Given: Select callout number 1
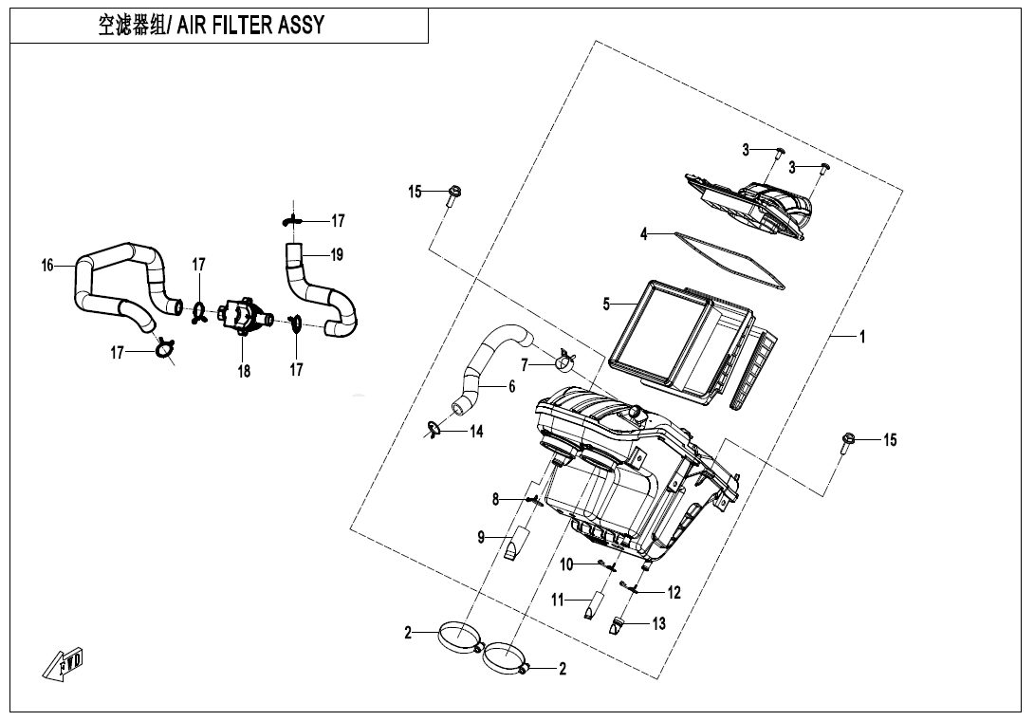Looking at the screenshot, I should (861, 337).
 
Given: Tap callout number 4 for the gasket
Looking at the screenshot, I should (643, 234).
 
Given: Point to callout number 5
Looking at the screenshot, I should (606, 305).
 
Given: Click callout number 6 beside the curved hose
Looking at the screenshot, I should (511, 386).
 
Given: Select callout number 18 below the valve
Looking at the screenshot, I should (244, 371).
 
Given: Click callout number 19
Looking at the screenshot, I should (336, 254).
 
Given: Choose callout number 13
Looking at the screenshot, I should (658, 623).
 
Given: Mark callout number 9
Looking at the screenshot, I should (481, 538).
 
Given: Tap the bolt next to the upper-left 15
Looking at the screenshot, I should (454, 195).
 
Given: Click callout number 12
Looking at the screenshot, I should (674, 593).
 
